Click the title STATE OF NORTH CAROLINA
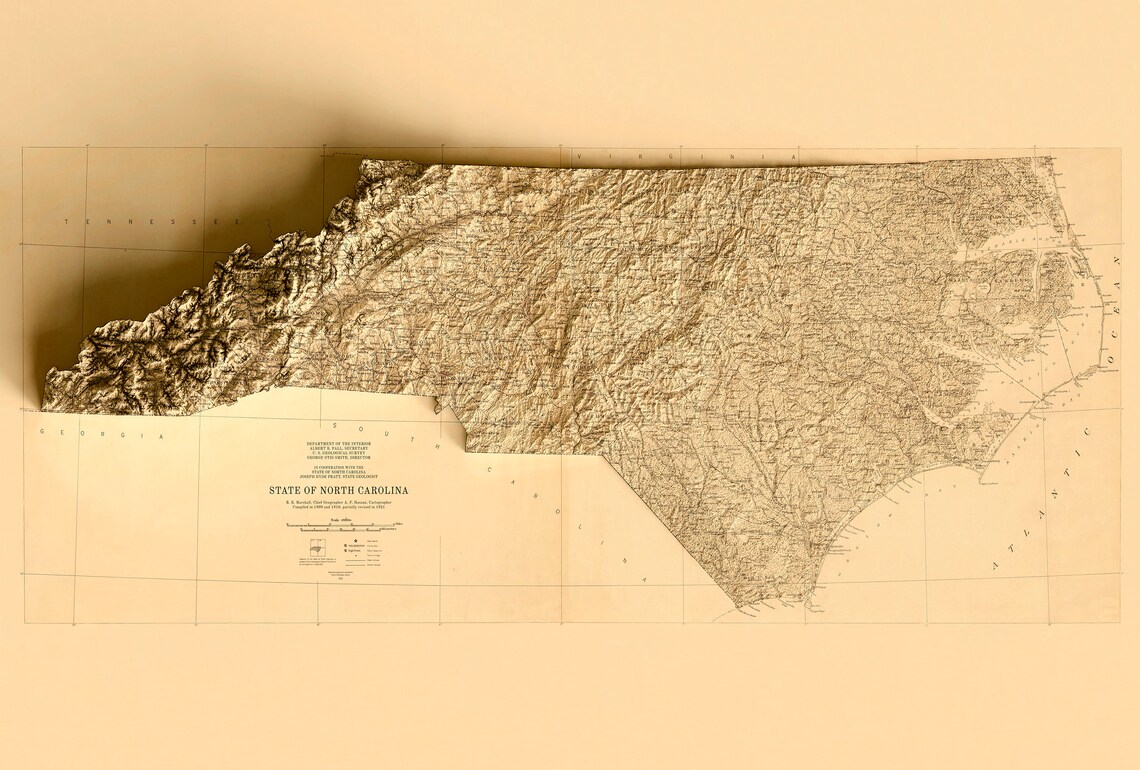[x=338, y=490]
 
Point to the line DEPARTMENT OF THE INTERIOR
[x=338, y=442]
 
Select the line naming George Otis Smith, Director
[x=338, y=457]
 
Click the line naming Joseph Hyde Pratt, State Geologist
[x=338, y=476]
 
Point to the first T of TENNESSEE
[x=67, y=221]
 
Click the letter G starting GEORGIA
[x=42, y=432]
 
